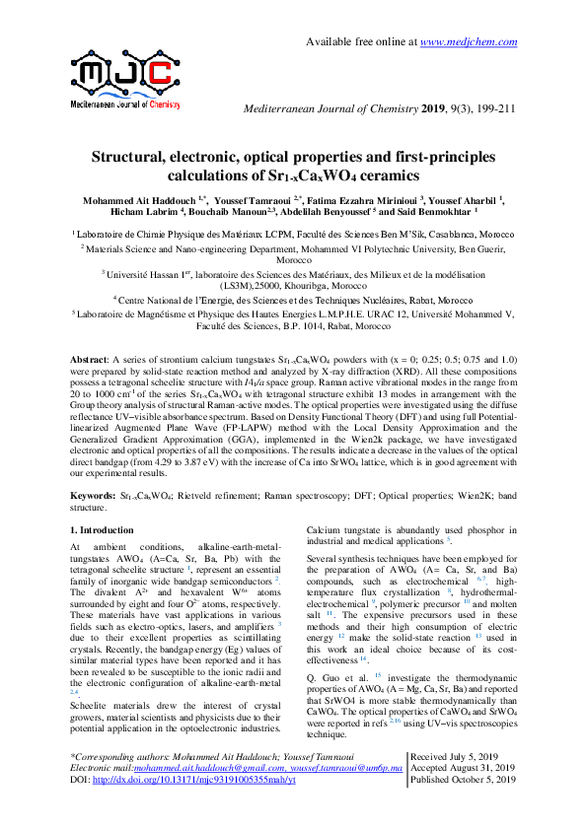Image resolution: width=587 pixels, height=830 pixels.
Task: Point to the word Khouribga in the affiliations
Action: pos(311,281)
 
